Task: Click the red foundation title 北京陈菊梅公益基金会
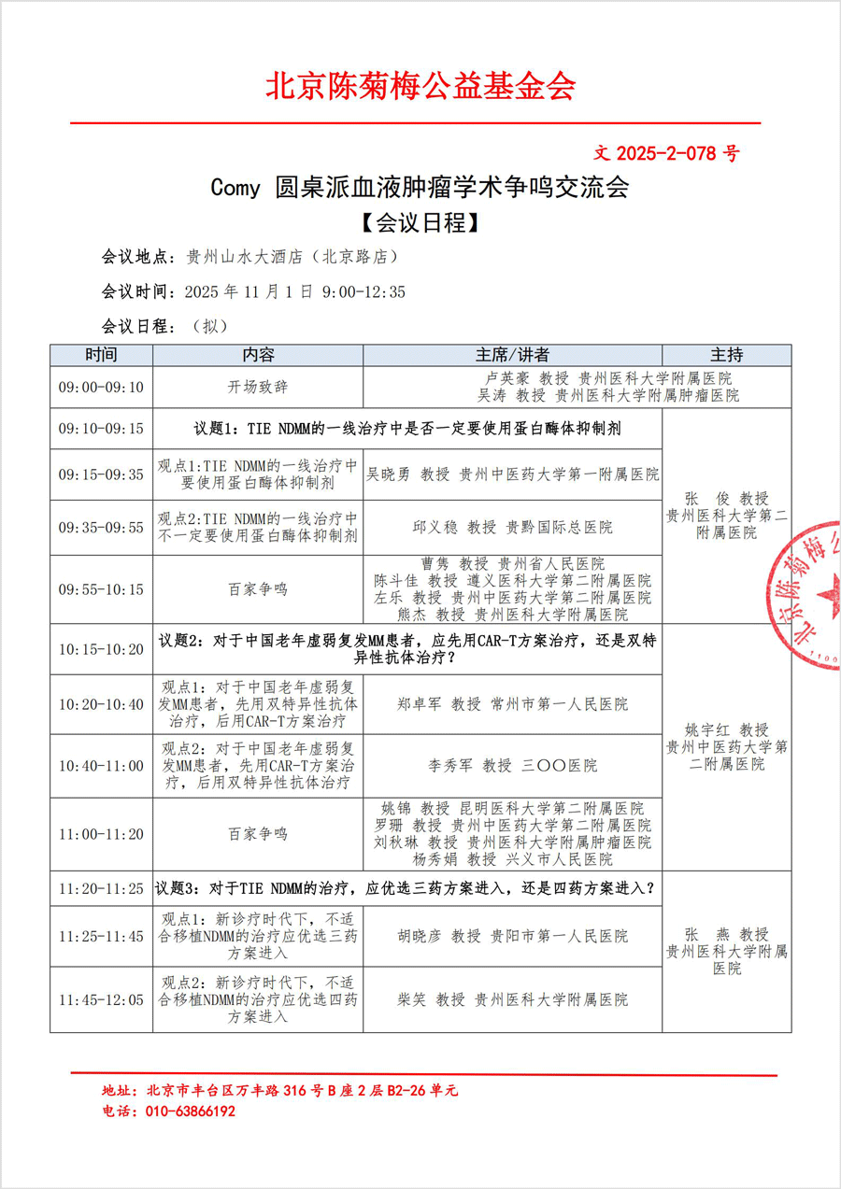pyautogui.click(x=420, y=86)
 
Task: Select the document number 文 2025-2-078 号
pyautogui.click(x=666, y=153)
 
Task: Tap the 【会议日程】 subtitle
pyautogui.click(x=420, y=223)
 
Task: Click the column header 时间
pyautogui.click(x=101, y=355)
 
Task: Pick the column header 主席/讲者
pyautogui.click(x=512, y=355)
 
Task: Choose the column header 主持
pyautogui.click(x=726, y=355)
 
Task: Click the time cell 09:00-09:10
pyautogui.click(x=101, y=387)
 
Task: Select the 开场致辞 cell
pyautogui.click(x=258, y=387)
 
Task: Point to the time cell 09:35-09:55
pyautogui.click(x=101, y=528)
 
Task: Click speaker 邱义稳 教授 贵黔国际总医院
pyautogui.click(x=512, y=528)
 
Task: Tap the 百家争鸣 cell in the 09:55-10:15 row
pyautogui.click(x=258, y=589)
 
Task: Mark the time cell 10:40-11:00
pyautogui.click(x=101, y=766)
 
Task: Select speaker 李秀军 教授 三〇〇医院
pyautogui.click(x=512, y=766)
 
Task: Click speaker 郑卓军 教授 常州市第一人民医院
pyautogui.click(x=512, y=704)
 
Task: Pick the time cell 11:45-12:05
pyautogui.click(x=101, y=999)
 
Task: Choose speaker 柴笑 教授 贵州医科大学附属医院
pyautogui.click(x=512, y=999)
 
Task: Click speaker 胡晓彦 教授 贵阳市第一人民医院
pyautogui.click(x=512, y=936)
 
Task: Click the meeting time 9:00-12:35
pyautogui.click(x=363, y=292)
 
